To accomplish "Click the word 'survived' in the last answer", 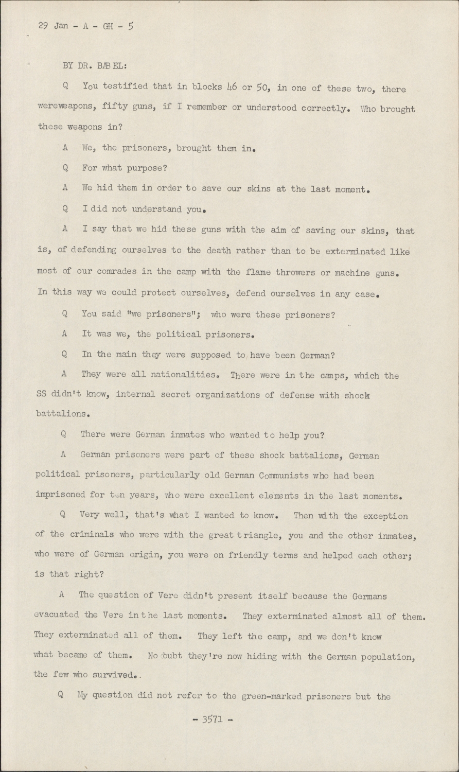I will (x=109, y=675).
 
